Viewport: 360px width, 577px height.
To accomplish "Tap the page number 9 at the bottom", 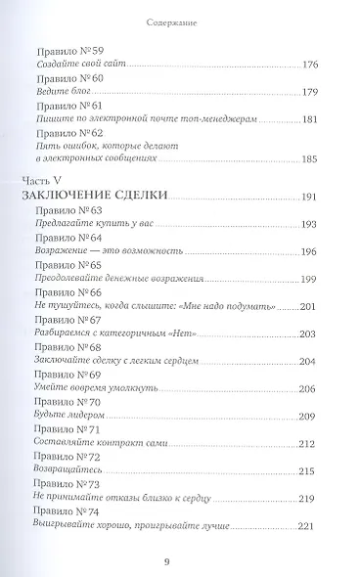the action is [180, 561].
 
